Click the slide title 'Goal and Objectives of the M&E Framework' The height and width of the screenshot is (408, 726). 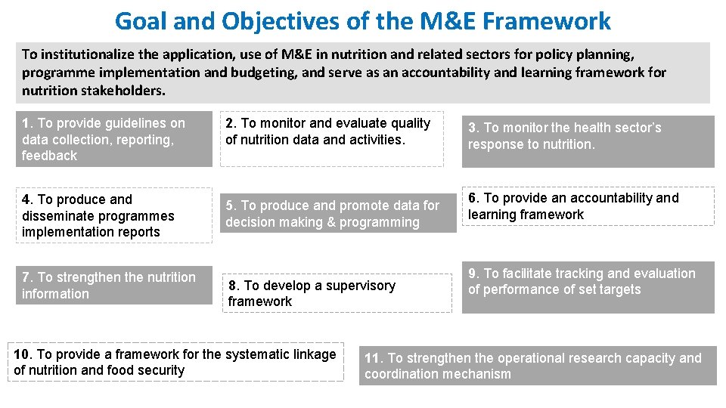(x=362, y=20)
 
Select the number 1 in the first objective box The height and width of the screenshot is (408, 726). (x=26, y=123)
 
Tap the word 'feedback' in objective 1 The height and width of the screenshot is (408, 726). (x=49, y=156)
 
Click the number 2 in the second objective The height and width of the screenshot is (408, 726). (x=230, y=123)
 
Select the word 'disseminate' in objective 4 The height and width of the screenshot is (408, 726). (x=57, y=216)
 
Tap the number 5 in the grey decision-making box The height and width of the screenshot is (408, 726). (x=230, y=206)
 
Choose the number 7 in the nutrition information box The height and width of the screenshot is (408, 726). (x=26, y=277)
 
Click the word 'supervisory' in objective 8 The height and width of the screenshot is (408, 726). (x=359, y=286)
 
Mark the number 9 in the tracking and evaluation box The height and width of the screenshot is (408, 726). (x=473, y=274)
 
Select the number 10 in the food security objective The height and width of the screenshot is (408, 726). (x=22, y=354)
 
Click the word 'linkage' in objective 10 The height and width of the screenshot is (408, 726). (x=312, y=354)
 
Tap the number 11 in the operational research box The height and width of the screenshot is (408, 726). (x=373, y=358)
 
